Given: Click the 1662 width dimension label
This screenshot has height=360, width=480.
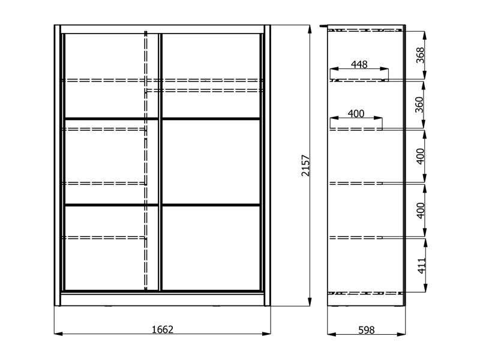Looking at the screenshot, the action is pyautogui.click(x=163, y=329).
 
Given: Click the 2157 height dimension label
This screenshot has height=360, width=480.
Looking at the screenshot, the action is pyautogui.click(x=306, y=166).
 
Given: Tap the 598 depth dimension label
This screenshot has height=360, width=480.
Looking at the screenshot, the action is pyautogui.click(x=366, y=330).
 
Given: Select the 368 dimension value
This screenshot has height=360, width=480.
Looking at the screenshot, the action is pyautogui.click(x=421, y=55).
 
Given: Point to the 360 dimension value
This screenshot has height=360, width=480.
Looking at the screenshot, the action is pyautogui.click(x=419, y=104).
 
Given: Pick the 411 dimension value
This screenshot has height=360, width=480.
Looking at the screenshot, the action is pyautogui.click(x=421, y=266).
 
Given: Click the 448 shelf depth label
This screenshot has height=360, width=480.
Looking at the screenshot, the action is pyautogui.click(x=359, y=65).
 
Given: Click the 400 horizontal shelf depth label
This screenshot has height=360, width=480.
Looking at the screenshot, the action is pyautogui.click(x=356, y=114).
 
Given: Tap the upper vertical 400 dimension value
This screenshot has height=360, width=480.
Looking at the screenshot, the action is pyautogui.click(x=421, y=156).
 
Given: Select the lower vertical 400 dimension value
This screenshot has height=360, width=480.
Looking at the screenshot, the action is pyautogui.click(x=421, y=211).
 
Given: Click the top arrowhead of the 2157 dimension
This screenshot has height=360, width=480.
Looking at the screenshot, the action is pyautogui.click(x=310, y=29).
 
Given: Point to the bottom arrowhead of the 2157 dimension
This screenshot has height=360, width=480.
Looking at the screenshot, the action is pyautogui.click(x=310, y=302).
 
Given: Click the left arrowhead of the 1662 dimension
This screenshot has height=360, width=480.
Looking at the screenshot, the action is pyautogui.click(x=58, y=333).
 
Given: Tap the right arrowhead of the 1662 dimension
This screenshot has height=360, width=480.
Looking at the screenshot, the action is pyautogui.click(x=266, y=333).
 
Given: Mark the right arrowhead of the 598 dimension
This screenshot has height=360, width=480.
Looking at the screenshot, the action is pyautogui.click(x=401, y=334).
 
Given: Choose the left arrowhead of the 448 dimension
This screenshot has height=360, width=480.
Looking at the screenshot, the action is pyautogui.click(x=334, y=69).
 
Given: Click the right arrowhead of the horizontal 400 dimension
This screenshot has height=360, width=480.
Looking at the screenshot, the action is pyautogui.click(x=379, y=118).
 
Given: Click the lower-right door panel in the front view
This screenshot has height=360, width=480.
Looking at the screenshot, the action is pyautogui.click(x=211, y=248).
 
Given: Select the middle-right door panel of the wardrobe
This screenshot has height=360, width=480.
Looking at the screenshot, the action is pyautogui.click(x=211, y=161).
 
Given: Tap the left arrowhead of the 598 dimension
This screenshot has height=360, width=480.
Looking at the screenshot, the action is pyautogui.click(x=332, y=334).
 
